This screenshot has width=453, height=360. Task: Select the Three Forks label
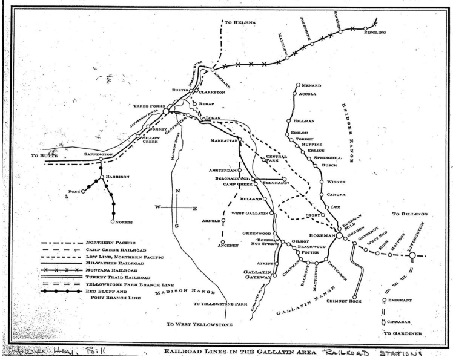(x=147, y=105)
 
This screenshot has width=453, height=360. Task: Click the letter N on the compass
(x=177, y=192)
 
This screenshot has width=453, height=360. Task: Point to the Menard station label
(x=314, y=85)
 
